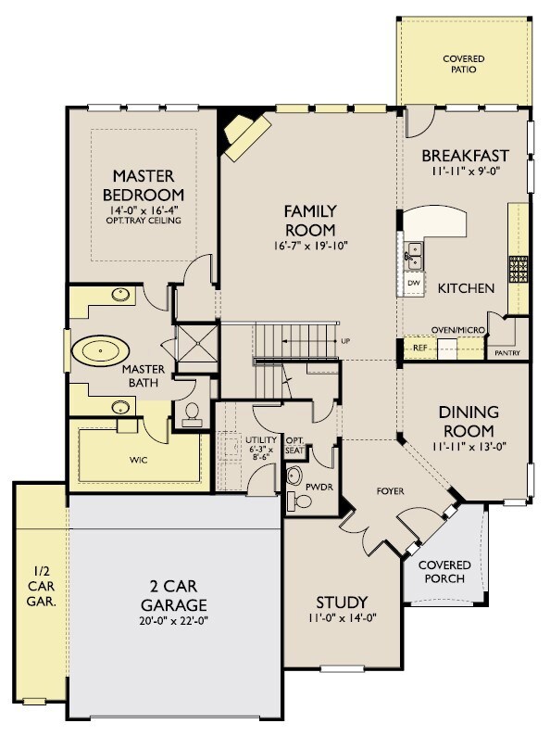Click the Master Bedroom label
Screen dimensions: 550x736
pos(144,185)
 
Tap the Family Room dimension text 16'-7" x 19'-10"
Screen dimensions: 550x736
pos(310,246)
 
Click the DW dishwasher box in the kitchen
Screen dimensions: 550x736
pos(413,283)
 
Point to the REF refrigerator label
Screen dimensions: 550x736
pos(420,348)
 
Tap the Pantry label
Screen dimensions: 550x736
pos(507,352)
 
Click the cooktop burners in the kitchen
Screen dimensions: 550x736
pos(519,269)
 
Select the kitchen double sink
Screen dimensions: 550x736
pos(414,256)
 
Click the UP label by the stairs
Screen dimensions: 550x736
pos(345,341)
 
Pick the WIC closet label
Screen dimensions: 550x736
pos(138,460)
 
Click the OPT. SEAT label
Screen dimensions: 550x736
pos(295,446)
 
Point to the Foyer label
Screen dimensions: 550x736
pos(390,491)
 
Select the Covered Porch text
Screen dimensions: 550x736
pos(444,572)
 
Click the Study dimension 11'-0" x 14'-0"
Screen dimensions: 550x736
pos(344,617)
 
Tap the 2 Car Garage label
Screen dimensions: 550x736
pos(173,595)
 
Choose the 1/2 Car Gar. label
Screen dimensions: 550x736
pos(41,586)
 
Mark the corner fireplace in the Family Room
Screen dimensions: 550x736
pos(243,135)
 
